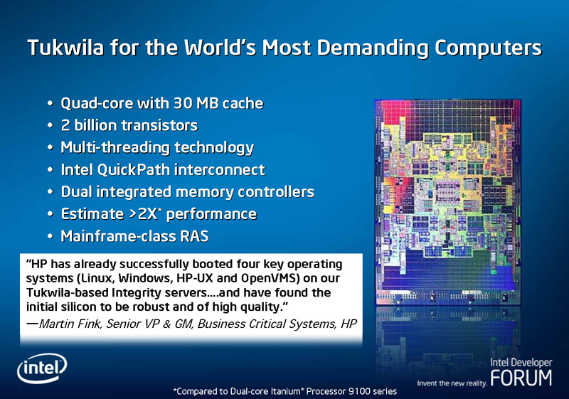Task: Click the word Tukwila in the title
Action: click(65, 48)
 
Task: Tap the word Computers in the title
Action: click(488, 48)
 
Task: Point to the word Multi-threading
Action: click(115, 148)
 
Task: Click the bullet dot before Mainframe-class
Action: click(50, 237)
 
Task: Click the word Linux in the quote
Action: click(95, 278)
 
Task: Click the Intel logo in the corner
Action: click(42, 368)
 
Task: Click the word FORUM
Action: click(521, 378)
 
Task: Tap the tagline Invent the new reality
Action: click(452, 383)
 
